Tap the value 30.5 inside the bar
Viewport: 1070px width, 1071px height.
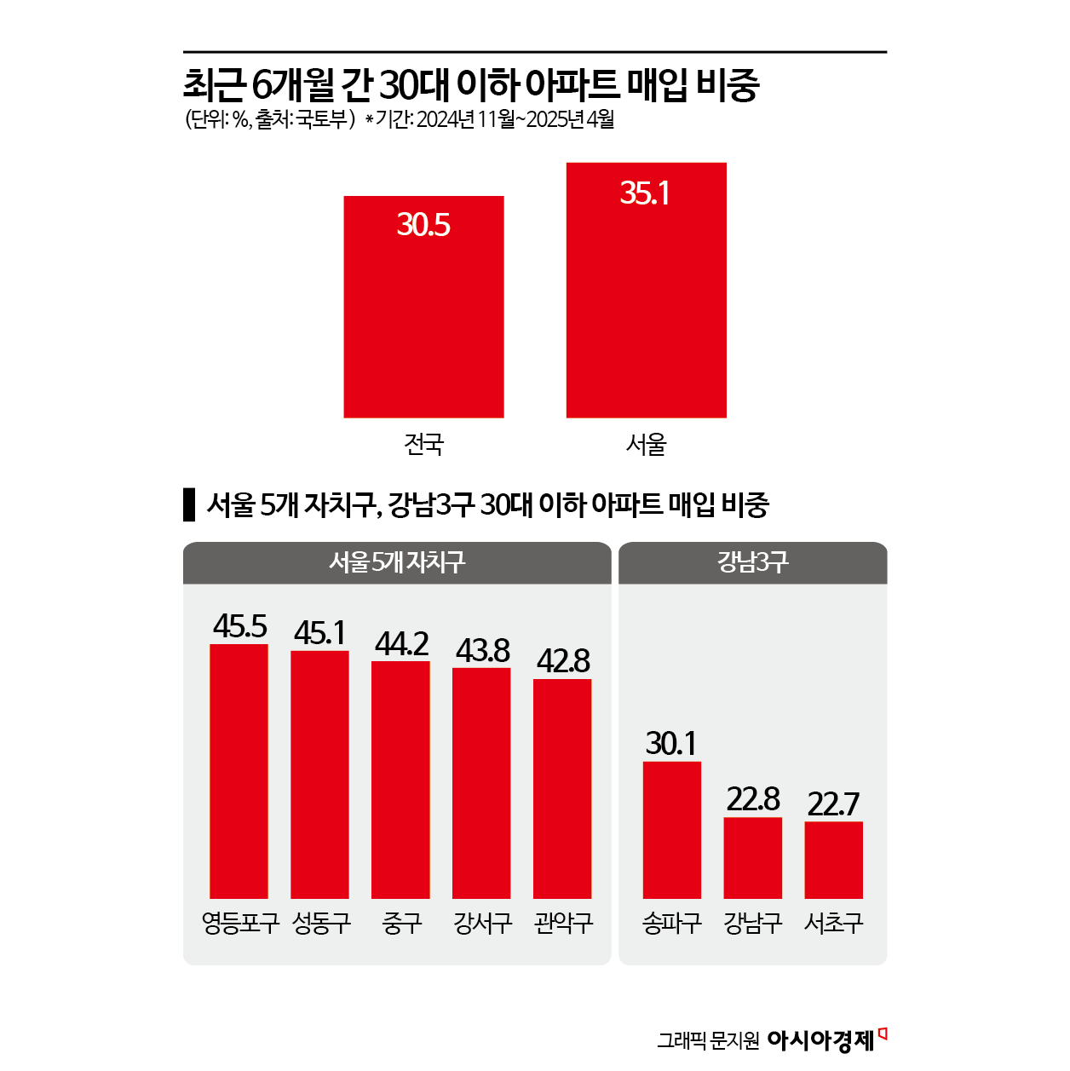[x=423, y=225]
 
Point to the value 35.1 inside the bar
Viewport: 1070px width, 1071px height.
[x=645, y=193]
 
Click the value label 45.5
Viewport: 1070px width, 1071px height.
[x=239, y=626]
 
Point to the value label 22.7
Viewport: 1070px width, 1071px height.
[x=833, y=803]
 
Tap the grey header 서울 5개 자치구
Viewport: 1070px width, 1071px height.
[x=397, y=562]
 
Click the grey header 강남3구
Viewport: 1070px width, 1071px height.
[x=752, y=562]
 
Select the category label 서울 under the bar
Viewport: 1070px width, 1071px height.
[x=646, y=444]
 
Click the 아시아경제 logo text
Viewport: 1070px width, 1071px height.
[x=820, y=1040]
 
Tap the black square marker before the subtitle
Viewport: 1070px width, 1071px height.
[x=189, y=505]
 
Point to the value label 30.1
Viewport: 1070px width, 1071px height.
[x=671, y=744]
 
